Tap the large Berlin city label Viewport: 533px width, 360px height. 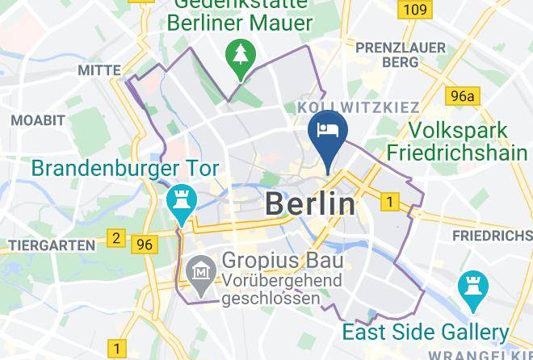point(310,204)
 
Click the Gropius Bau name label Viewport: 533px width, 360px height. point(283,262)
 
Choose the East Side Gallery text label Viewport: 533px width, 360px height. point(426,332)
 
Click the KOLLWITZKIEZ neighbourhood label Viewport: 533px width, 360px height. point(358,107)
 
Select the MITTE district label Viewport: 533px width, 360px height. point(99,71)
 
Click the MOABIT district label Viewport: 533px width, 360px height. point(37,120)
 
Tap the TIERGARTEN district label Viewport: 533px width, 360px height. point(47,244)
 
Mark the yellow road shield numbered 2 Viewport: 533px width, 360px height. point(116,238)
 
